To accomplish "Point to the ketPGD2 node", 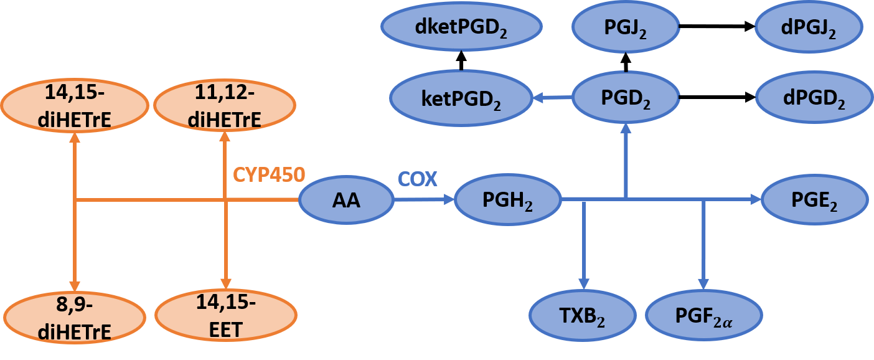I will [461, 98].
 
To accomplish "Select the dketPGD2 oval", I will [461, 28].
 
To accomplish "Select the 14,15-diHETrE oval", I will [75, 106].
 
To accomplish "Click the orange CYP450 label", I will [269, 175].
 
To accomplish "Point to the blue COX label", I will [417, 179].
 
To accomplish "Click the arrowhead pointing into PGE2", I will [756, 200].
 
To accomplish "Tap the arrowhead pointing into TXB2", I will [583, 283].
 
